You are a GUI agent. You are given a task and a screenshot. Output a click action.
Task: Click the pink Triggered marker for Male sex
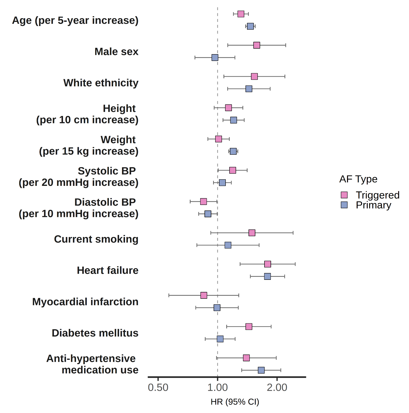[x=257, y=45]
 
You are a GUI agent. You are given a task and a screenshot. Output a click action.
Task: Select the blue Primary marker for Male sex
[x=215, y=57]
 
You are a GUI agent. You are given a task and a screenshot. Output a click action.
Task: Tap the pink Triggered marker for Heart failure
[x=268, y=264]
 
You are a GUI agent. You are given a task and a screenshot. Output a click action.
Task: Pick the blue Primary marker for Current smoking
[x=228, y=245]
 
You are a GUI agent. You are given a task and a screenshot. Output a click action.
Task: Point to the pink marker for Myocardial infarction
[x=204, y=295]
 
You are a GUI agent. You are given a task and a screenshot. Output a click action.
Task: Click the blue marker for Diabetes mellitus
[x=220, y=339]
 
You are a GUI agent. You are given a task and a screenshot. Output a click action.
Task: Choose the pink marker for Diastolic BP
[x=203, y=202]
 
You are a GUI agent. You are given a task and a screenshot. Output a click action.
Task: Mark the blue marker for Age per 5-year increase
[x=250, y=26]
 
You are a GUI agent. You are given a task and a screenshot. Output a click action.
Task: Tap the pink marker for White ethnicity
[x=254, y=76]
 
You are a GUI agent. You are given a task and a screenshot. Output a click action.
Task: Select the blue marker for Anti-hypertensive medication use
[x=261, y=370]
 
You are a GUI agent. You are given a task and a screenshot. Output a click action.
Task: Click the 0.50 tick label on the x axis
[x=158, y=388]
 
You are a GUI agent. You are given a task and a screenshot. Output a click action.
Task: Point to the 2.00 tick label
[x=277, y=388]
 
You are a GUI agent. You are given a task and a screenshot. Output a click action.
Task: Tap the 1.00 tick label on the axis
[x=217, y=388]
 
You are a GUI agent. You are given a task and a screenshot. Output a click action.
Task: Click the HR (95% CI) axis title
[x=235, y=402]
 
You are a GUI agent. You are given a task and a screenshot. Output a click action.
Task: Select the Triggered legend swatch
[x=344, y=195]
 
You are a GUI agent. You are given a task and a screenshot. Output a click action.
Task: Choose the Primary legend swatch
[x=344, y=205]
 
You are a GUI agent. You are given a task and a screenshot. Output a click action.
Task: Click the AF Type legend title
[x=358, y=179]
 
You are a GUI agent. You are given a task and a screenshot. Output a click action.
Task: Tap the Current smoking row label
[x=96, y=239]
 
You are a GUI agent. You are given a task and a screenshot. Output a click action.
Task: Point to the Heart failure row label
[x=108, y=270]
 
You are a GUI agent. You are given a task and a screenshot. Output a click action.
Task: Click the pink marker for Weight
[x=218, y=139]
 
